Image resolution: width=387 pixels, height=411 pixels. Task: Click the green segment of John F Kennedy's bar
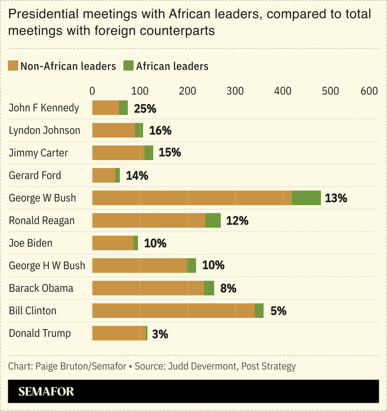tap(123, 108)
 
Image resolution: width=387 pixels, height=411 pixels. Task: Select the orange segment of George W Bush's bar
tap(192, 198)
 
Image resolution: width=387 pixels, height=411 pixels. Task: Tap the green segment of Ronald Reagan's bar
tap(213, 221)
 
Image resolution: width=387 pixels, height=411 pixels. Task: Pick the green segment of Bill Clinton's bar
tap(259, 311)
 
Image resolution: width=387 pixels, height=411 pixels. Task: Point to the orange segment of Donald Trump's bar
tap(119, 333)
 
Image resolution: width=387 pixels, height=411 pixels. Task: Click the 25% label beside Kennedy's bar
tap(145, 109)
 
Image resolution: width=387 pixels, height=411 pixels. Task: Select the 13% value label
tap(336, 198)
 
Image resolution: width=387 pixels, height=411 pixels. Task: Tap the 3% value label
tap(160, 334)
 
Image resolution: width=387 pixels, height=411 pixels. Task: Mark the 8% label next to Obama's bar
tap(228, 289)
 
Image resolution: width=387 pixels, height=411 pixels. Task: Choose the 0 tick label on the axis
tap(92, 91)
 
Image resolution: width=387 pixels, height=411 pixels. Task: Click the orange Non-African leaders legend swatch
tap(13, 66)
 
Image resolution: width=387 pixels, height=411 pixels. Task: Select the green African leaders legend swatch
tap(128, 66)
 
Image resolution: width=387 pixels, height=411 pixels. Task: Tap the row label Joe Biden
tap(30, 243)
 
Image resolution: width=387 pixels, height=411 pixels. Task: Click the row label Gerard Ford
tap(35, 175)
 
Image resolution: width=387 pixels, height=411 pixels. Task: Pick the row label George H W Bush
tap(47, 266)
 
